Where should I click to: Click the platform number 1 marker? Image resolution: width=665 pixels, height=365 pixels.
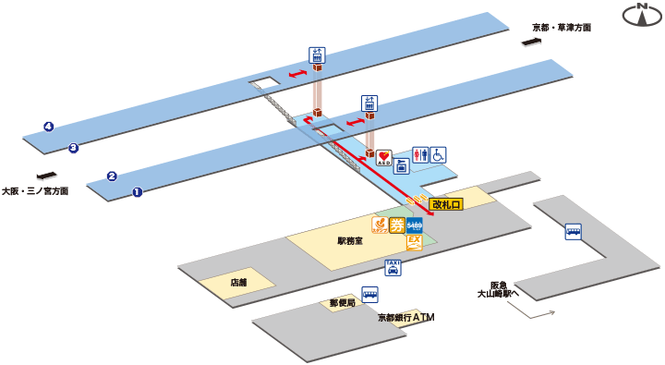point(137,192)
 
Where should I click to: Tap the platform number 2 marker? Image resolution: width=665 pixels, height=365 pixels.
point(111,176)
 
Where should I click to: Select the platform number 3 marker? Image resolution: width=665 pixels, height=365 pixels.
point(73,147)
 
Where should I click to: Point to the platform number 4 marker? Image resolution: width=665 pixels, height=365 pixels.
point(48,127)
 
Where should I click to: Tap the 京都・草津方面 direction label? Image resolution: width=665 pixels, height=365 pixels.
point(561,28)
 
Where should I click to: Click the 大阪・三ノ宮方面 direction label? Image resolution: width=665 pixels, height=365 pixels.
point(35,191)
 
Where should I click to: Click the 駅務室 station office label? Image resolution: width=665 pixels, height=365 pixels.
point(349,240)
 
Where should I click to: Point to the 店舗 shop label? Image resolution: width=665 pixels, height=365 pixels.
point(238,283)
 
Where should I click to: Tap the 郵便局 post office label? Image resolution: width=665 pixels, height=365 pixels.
point(342,302)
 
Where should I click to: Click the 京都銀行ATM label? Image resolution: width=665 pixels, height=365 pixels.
point(405,317)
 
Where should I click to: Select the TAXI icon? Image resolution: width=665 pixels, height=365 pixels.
point(393,268)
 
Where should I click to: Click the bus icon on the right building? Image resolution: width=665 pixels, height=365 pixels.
point(574,233)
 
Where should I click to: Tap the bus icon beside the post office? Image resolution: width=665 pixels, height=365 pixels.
point(370,296)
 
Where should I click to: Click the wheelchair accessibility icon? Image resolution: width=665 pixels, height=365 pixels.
point(439,155)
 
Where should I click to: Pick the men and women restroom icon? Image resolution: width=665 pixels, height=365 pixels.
point(420,155)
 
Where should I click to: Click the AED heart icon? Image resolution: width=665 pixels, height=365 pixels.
point(385,158)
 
